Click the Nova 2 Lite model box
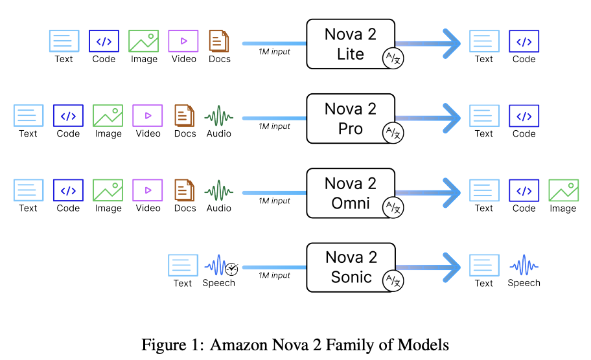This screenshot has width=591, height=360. click(350, 43)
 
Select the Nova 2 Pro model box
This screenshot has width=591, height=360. click(350, 118)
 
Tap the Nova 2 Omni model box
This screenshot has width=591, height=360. click(350, 193)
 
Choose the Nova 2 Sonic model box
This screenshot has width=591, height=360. click(350, 267)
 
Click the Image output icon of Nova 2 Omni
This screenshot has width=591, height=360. click(563, 190)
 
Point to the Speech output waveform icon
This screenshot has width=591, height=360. click(524, 265)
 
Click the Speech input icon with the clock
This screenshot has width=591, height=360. click(221, 265)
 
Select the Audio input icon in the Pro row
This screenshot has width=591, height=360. click(219, 117)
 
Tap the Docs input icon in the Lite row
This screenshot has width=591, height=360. click(219, 41)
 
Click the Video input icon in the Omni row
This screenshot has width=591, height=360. click(148, 190)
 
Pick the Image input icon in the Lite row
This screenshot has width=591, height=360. click(144, 41)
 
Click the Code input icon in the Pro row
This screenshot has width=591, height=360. click(68, 117)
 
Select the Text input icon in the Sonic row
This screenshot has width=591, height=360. click(183, 265)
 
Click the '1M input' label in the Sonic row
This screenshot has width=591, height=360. click(274, 275)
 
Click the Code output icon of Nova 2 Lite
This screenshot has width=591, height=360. click(524, 41)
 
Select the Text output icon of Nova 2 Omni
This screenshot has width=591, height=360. click(484, 190)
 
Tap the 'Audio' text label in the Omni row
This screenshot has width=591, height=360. click(219, 208)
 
